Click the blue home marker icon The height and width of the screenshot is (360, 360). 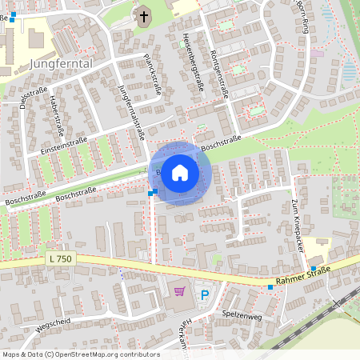point(180,173)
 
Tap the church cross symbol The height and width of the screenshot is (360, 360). point(144,16)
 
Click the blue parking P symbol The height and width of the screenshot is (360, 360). point(204,294)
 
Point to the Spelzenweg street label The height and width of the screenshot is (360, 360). point(242,314)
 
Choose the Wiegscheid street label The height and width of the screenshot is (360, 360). point(53,326)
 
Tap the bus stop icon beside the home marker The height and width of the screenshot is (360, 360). point(151,192)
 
